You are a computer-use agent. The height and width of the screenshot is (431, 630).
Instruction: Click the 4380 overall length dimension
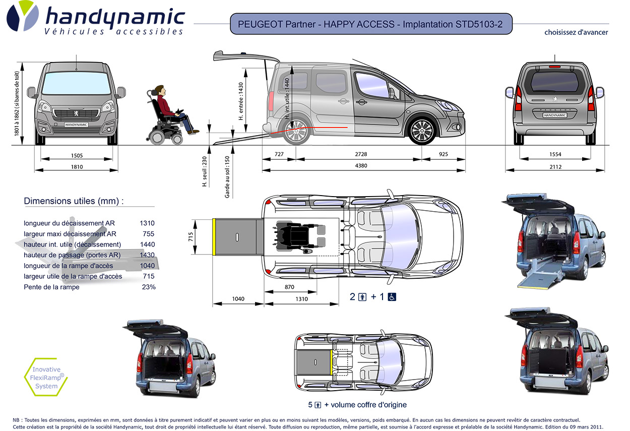363,164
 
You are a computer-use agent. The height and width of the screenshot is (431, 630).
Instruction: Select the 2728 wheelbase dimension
358,154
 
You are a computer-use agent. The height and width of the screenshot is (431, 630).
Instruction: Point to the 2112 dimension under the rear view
555,167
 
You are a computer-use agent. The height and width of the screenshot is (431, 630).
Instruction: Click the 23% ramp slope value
149,287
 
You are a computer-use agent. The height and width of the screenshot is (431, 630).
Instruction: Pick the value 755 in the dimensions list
148,234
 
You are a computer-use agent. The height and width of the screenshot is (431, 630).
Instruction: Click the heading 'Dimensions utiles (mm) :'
74,201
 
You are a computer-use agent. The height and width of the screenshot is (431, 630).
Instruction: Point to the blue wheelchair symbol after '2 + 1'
392,297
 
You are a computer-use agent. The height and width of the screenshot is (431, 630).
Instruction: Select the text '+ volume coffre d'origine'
365,405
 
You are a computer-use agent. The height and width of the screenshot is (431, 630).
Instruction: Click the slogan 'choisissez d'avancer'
576,32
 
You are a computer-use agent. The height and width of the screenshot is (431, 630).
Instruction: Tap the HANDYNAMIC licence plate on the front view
76,124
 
